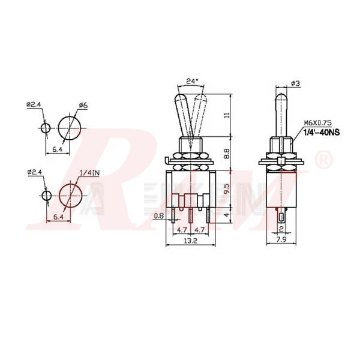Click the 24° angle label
[191, 80]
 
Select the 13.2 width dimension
[191, 241]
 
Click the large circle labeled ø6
[71, 128]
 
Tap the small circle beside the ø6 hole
[46, 128]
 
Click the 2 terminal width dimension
[281, 229]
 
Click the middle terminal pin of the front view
[191, 215]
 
